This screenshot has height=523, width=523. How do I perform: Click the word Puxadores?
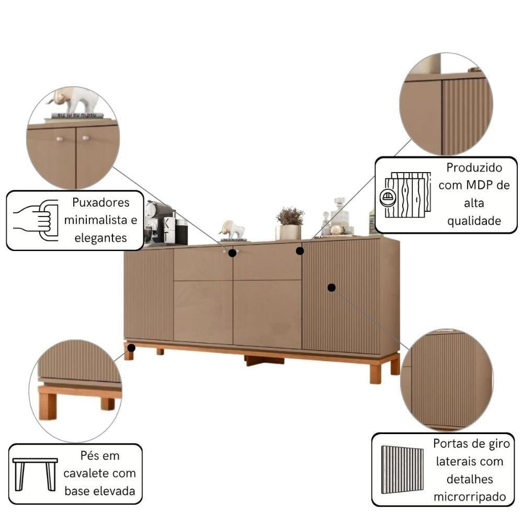[x=101, y=203]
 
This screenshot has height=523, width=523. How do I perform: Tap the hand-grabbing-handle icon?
[x=36, y=220]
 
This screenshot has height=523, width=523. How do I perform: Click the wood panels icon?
[x=405, y=195]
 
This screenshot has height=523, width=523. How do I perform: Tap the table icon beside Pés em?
[x=35, y=474]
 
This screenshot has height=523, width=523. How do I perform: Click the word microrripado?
[x=470, y=497]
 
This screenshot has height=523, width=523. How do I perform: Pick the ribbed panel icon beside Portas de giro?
[x=403, y=470]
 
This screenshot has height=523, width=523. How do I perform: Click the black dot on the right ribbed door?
[x=332, y=287]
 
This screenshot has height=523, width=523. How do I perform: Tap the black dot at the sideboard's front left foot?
[x=131, y=348]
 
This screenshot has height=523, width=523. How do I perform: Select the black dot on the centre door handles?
[x=232, y=253]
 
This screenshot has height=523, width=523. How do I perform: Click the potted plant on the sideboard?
[x=290, y=223]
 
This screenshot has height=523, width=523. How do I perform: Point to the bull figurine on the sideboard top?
[x=232, y=230]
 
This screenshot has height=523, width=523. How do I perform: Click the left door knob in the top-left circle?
[x=60, y=139]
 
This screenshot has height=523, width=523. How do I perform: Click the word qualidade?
[x=474, y=221]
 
